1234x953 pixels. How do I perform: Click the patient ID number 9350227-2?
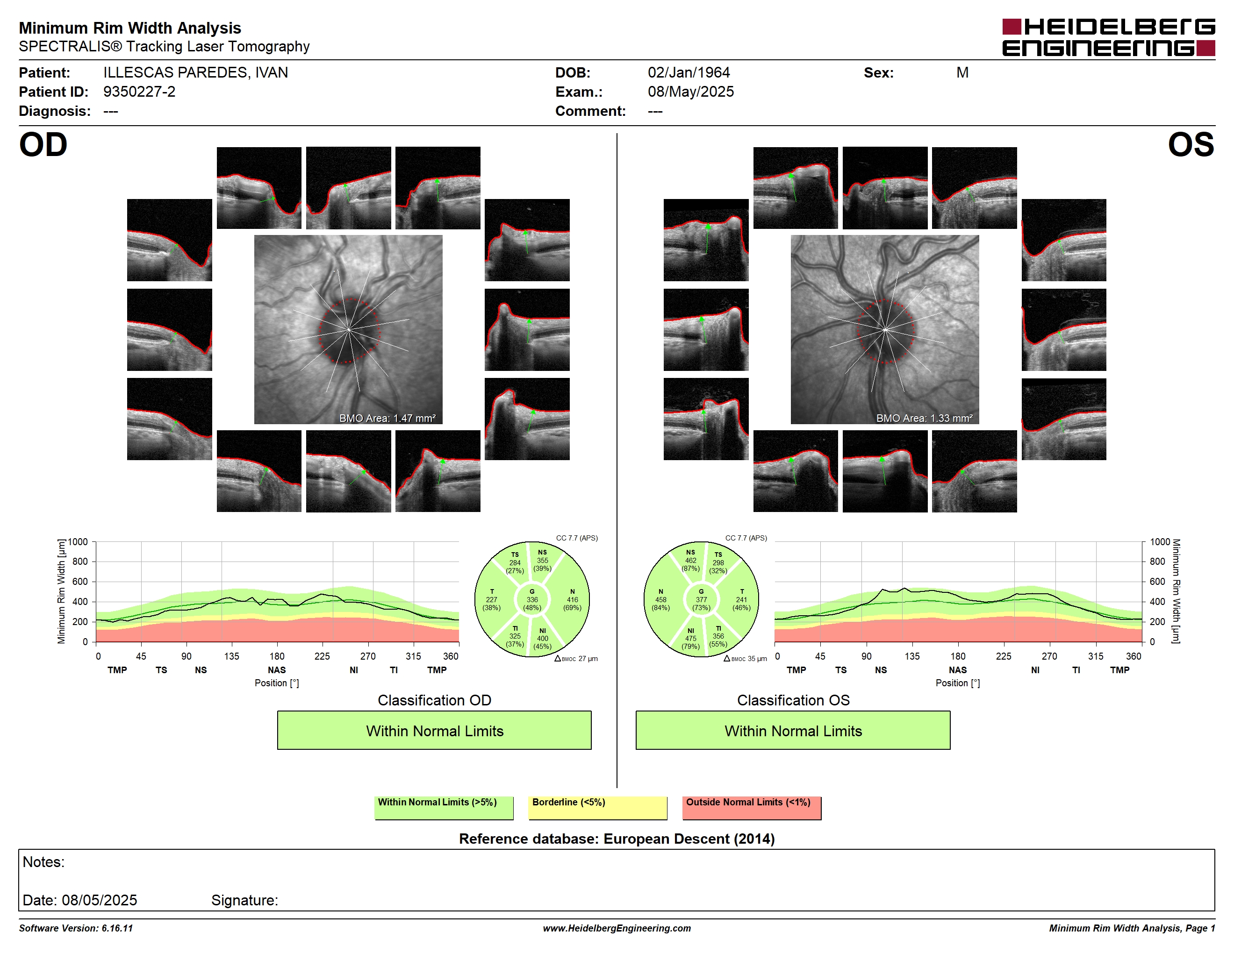[x=139, y=92]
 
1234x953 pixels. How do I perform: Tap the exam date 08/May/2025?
[x=690, y=92]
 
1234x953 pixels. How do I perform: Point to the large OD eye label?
[x=43, y=144]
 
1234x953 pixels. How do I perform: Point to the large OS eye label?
[x=1191, y=144]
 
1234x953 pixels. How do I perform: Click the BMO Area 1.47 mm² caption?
[x=387, y=419]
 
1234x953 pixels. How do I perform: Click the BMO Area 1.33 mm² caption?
[x=925, y=419]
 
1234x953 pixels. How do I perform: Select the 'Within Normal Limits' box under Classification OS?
[x=793, y=730]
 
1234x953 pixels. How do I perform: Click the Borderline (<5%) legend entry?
[x=597, y=807]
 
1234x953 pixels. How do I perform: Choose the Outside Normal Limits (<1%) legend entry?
[x=752, y=807]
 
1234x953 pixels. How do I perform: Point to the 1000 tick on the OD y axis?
[x=78, y=542]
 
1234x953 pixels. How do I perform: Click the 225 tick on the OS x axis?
[x=1004, y=656]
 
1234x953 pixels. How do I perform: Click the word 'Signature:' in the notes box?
[x=244, y=900]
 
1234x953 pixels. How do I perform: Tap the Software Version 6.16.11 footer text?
[x=76, y=928]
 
